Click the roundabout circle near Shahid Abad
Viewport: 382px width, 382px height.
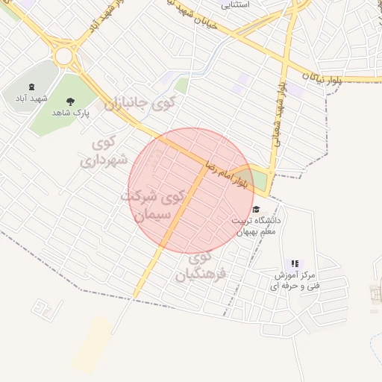tap(63, 55)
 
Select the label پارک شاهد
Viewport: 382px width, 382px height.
tap(71, 113)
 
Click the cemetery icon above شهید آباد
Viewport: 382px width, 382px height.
tap(31, 88)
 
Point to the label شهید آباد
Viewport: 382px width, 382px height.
tap(31, 98)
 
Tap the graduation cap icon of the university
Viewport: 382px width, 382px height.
tap(257, 210)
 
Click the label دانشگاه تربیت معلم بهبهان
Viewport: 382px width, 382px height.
tap(257, 226)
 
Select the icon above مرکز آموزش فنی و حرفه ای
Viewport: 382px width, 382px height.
tap(295, 263)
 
